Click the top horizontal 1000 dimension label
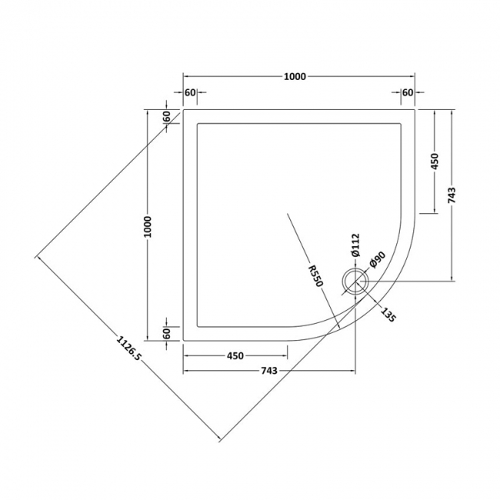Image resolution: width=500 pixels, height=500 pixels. (295, 75)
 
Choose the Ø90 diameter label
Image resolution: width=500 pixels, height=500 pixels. (376, 262)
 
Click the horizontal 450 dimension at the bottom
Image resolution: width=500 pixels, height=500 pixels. (235, 355)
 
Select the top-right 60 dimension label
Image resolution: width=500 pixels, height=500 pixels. (408, 92)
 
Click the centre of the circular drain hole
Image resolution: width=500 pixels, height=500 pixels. (356, 281)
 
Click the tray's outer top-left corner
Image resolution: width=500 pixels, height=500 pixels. (183, 109)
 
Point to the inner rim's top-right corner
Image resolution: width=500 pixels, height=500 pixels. (402, 123)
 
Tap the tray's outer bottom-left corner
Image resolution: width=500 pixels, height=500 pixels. (183, 341)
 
